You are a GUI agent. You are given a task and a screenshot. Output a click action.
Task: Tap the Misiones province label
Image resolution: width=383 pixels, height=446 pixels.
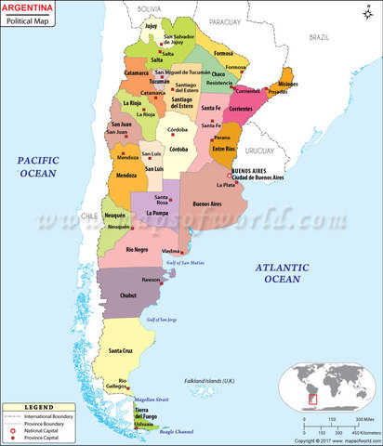coord(288,85)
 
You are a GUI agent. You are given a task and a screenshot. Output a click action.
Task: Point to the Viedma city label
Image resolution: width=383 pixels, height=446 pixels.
coord(171,251)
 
